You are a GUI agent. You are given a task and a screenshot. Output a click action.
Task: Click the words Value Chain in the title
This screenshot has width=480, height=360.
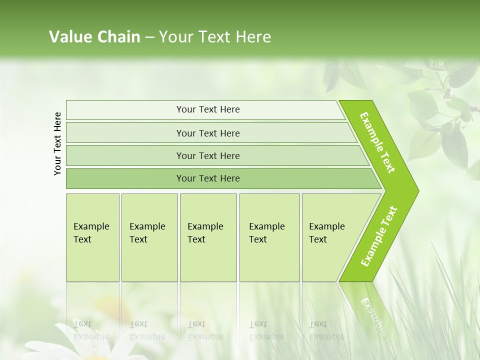point(94,37)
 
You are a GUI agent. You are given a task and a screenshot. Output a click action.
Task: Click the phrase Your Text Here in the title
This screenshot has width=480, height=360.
point(215,37)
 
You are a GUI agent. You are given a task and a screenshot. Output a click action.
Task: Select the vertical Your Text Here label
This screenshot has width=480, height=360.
point(58,143)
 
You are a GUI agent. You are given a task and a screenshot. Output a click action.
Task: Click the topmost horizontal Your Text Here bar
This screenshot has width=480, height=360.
point(207,109)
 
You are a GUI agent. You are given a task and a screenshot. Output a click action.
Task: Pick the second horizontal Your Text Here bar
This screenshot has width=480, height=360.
point(207,133)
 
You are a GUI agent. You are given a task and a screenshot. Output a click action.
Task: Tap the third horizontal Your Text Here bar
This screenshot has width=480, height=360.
point(207,155)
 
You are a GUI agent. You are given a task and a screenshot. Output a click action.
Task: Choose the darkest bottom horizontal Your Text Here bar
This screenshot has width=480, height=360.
point(207,178)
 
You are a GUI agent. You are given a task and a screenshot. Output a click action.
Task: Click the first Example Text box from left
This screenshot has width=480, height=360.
point(92,237)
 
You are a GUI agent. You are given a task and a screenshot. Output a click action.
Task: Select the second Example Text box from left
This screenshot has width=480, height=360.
point(149,237)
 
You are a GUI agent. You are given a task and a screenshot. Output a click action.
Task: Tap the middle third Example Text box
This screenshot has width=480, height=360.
point(208,237)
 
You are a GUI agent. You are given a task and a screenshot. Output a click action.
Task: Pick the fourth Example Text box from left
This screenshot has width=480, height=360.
point(269,237)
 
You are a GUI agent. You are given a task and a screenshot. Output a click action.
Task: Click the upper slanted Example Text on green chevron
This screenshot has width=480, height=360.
point(377,142)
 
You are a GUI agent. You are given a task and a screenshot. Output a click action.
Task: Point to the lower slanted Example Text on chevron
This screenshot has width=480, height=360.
point(379,236)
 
